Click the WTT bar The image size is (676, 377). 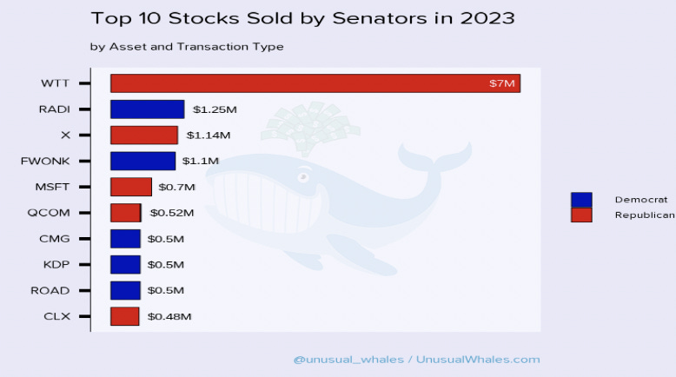[x=315, y=83]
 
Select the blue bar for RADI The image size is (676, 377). [x=147, y=109]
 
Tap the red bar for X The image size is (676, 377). [x=143, y=136]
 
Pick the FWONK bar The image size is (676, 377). [x=142, y=161]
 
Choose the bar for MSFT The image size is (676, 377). [x=130, y=187]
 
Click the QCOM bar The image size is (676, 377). [x=125, y=213]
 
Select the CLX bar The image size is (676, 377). [x=124, y=316]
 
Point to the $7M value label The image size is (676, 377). [x=502, y=84]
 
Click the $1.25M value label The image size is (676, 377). [x=215, y=109]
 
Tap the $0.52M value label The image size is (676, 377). [x=171, y=213]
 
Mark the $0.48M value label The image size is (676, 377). [x=169, y=317]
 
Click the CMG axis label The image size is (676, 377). [x=55, y=239]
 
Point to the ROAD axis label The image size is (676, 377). [x=50, y=291]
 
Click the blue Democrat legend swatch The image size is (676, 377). [x=580, y=200]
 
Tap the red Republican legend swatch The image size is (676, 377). [x=580, y=215]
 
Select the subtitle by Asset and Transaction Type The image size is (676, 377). [x=186, y=47]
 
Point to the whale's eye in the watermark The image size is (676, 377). [x=303, y=176]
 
